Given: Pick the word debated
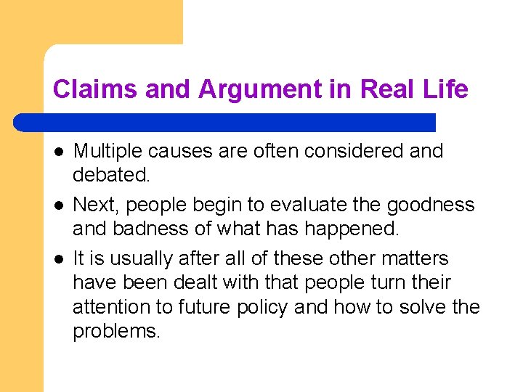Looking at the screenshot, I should pyautogui.click(x=110, y=175).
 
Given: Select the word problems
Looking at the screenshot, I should pyautogui.click(x=116, y=331).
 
